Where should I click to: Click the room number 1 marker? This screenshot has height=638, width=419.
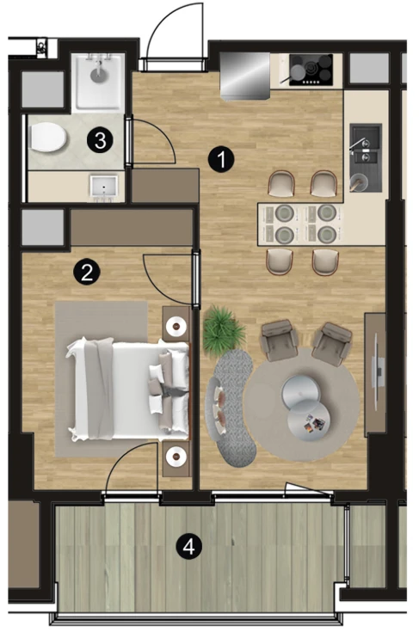(221, 160)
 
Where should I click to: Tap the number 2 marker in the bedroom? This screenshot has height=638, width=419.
(87, 272)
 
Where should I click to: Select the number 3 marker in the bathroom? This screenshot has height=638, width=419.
(100, 140)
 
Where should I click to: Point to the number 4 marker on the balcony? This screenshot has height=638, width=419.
(189, 547)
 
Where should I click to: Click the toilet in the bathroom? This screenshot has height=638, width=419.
(47, 137)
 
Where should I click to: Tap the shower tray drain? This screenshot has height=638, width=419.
(98, 73)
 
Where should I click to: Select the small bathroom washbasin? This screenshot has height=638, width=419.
(104, 187)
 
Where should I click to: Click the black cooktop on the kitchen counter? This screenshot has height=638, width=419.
(311, 70)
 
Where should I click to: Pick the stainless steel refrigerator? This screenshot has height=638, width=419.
(244, 76)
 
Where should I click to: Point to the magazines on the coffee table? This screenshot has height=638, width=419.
(314, 422)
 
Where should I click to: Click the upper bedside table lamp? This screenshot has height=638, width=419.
(176, 326)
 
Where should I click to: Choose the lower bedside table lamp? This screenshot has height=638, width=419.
(176, 456)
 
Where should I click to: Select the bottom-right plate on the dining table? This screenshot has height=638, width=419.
(327, 235)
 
